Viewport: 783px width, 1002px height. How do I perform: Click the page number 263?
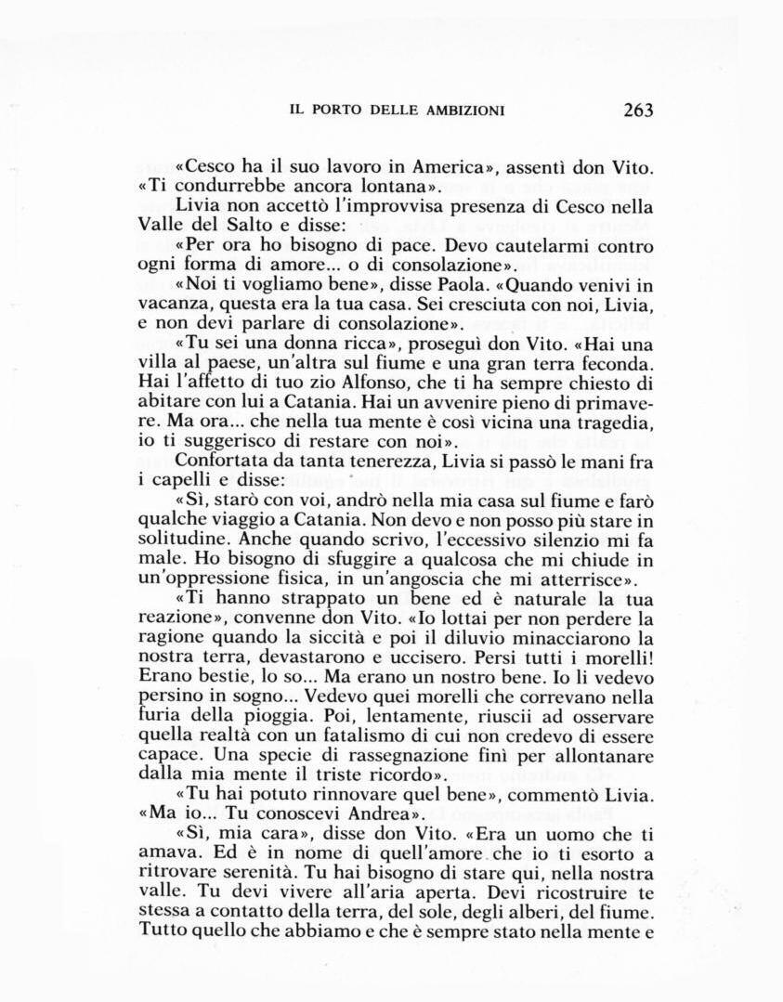coord(638,110)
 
